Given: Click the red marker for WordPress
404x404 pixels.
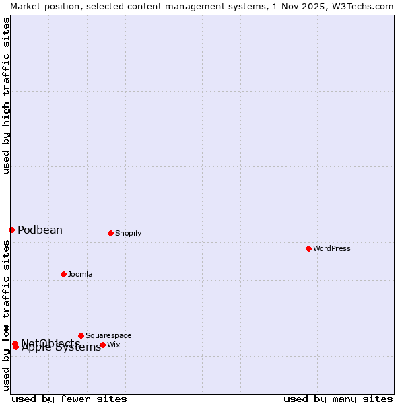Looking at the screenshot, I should tap(308, 248).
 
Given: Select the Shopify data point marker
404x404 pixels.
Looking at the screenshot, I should tap(110, 233).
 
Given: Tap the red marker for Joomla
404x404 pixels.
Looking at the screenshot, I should tap(63, 274).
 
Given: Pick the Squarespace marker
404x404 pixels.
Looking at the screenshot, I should tap(81, 335).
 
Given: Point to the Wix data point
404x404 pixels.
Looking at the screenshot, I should tap(102, 345).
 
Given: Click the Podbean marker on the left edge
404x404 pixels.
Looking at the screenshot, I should tap(11, 230).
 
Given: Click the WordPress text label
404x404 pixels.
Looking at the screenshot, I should tap(332, 248).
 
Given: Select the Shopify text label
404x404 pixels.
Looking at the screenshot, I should tap(128, 234).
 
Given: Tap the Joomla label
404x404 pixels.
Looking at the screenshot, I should tap(80, 274).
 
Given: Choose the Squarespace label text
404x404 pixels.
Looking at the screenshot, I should tap(108, 335).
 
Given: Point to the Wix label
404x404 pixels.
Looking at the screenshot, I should tap(114, 345).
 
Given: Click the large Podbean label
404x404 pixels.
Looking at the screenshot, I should tap(40, 230).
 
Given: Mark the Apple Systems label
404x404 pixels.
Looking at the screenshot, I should tap(61, 347).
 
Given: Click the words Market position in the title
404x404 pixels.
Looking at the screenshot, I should tap(41, 6).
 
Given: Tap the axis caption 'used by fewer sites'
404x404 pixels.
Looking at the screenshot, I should tap(69, 399).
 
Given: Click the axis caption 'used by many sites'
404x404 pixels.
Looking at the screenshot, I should tap(338, 399).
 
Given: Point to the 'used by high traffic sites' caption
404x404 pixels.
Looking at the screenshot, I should tap(7, 96).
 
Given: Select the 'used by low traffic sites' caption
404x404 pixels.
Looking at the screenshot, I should tap(7, 315).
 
